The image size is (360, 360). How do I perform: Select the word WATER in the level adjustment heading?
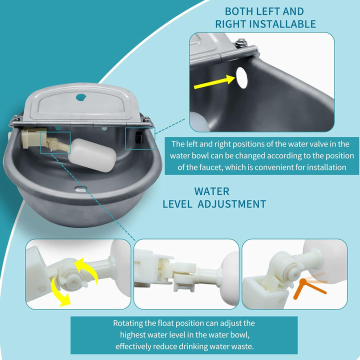(x=211, y=191)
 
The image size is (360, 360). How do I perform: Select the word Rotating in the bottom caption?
(x=128, y=323)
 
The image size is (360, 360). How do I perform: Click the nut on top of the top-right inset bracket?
(x=242, y=42)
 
